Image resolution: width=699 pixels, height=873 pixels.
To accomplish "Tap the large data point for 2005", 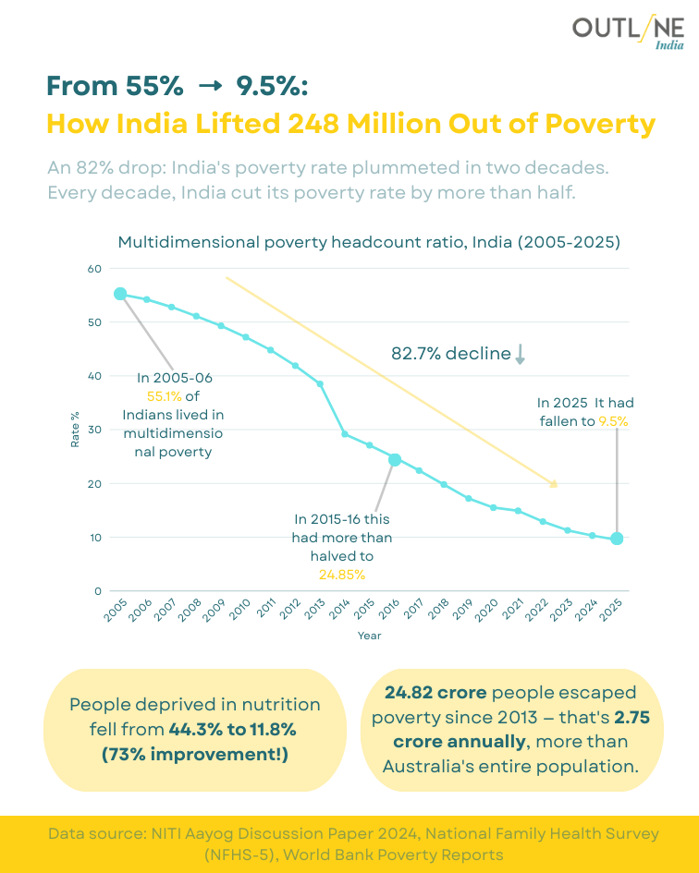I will coord(120,294).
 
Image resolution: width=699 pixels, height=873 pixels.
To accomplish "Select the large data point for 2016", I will coord(395,460).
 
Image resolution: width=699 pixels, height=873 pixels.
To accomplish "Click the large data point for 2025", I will coord(617,539).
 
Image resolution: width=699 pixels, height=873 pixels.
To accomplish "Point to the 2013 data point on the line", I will coord(320,383).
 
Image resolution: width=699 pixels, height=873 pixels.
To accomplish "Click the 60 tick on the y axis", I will coord(93,269).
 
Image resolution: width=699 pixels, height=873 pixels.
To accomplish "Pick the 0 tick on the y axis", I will coord(97,591).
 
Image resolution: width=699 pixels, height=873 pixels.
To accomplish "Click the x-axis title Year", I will coord(369,636).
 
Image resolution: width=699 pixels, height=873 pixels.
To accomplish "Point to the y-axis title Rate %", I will coord(76,430).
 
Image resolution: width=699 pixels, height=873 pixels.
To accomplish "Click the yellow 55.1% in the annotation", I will coord(164,396).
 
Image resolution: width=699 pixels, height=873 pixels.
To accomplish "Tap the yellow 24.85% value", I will coord(341,575).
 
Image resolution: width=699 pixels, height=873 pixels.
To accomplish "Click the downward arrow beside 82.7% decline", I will coord(520,355).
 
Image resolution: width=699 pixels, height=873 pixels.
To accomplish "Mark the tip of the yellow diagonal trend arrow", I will coord(557,485).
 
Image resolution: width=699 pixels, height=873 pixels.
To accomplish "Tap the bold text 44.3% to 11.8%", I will coord(232,730).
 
